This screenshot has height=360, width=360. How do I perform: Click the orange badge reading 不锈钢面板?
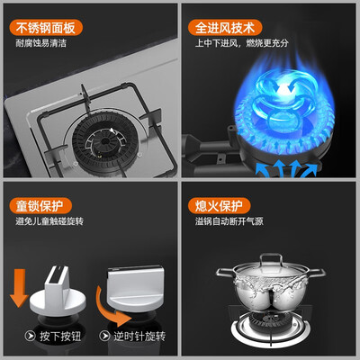point(46,28)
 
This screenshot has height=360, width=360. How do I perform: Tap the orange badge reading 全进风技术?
point(225,28)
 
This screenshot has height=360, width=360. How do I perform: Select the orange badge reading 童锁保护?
point(40,206)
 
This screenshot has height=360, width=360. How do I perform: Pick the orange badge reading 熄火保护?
point(219,206)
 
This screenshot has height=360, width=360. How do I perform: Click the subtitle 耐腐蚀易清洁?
point(41,43)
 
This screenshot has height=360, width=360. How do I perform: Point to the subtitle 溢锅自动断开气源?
point(229,221)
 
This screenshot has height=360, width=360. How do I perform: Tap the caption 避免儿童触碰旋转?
point(49,221)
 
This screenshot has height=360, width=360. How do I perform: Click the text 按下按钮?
point(60,336)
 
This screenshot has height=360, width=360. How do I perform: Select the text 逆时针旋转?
point(139,336)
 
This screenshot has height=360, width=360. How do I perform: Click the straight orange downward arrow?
point(19,287)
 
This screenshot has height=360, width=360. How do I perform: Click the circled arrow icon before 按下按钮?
point(30,336)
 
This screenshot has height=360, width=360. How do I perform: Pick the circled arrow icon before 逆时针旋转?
point(104,336)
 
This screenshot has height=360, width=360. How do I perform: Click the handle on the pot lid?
point(271,259)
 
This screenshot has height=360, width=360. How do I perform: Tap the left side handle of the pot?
point(225,273)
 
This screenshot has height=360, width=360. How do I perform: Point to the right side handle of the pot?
point(317,273)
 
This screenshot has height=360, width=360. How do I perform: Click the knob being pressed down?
point(58,294)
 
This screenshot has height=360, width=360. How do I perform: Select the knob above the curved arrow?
point(136,288)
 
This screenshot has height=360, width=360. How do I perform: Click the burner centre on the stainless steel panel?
point(105,141)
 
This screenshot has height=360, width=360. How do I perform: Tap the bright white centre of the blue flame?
point(282,89)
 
